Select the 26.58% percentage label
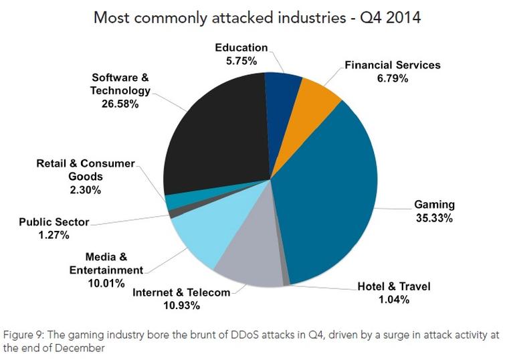point(121,104)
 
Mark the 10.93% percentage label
point(182,305)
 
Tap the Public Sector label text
point(54,222)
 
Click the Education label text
point(241,48)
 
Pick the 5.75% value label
point(241,60)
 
